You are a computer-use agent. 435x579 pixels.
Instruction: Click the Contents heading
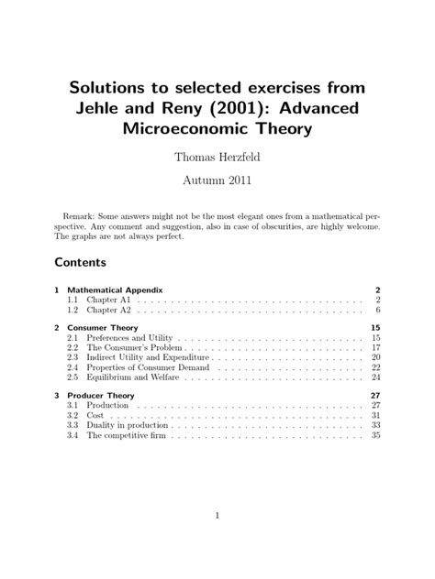click(x=81, y=262)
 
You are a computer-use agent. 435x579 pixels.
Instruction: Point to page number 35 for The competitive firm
click(x=374, y=436)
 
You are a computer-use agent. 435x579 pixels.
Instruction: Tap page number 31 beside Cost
click(x=374, y=415)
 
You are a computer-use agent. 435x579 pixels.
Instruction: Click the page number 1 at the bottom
click(x=217, y=516)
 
